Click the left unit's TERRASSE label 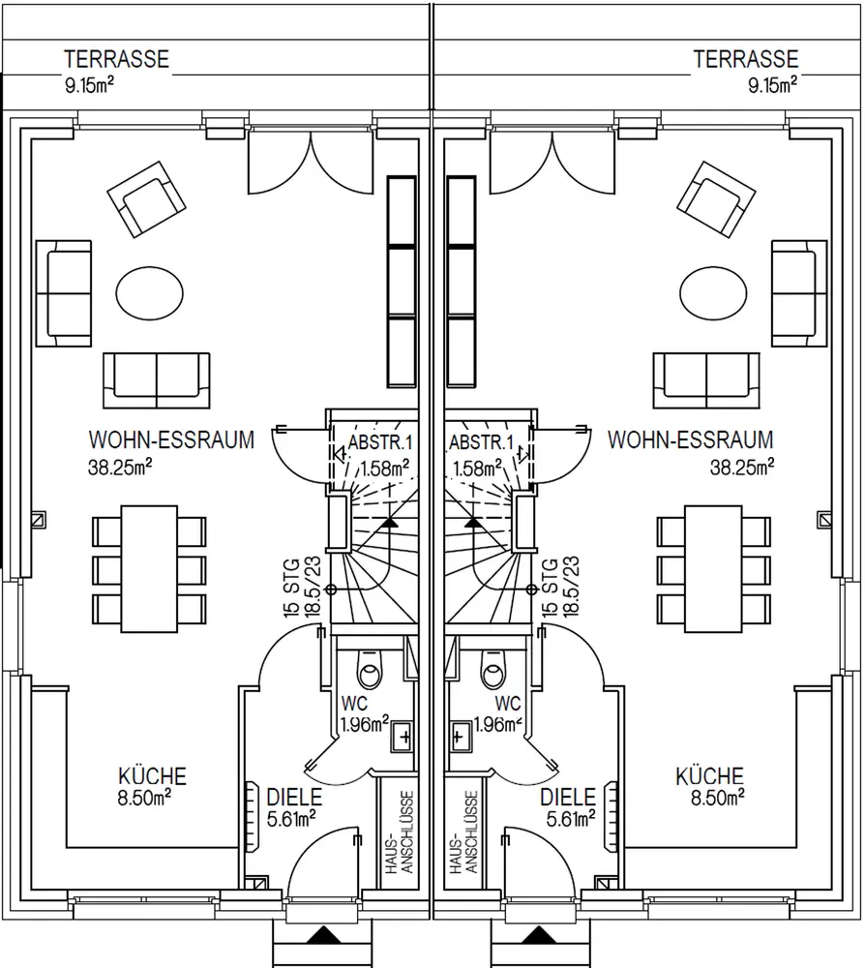pyautogui.click(x=116, y=59)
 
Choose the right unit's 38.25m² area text pyautogui.click(x=742, y=467)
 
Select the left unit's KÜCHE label pyautogui.click(x=152, y=776)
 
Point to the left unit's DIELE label pyautogui.click(x=294, y=798)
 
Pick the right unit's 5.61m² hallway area pyautogui.click(x=569, y=820)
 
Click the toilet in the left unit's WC pyautogui.click(x=369, y=669)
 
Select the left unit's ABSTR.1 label pyautogui.click(x=381, y=443)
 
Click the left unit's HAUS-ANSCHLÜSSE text pyautogui.click(x=400, y=832)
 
